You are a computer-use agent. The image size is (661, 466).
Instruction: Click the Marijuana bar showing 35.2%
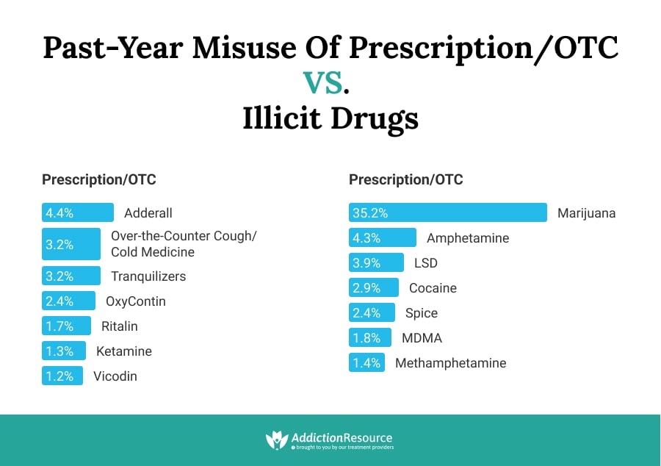pos(448,213)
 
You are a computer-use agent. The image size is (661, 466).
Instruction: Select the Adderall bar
pos(78,213)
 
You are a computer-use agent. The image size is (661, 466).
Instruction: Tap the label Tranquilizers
pos(148,276)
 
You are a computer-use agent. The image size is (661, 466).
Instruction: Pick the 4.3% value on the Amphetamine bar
pos(366,238)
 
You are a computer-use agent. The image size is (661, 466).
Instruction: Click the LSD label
pos(426,263)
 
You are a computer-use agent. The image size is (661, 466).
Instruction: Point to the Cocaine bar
pos(374,288)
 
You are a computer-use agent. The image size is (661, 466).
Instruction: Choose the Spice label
pos(422,313)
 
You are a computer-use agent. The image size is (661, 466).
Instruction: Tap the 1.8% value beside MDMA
pos(366,338)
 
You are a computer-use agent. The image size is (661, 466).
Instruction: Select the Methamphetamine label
pos(451,363)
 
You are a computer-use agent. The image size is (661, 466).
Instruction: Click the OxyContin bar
pos(68,301)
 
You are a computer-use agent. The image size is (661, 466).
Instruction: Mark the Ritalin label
pos(120,326)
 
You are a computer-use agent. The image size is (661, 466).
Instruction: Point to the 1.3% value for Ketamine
pos(59,351)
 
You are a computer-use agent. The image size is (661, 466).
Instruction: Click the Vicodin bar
pos(62,376)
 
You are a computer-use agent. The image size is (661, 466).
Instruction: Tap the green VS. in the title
pos(327,83)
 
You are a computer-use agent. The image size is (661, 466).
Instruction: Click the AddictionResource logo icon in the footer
pos(275,440)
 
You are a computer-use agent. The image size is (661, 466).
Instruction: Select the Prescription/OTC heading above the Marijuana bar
pos(406,180)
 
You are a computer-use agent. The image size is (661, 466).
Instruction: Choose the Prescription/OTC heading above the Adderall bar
pos(99,180)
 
